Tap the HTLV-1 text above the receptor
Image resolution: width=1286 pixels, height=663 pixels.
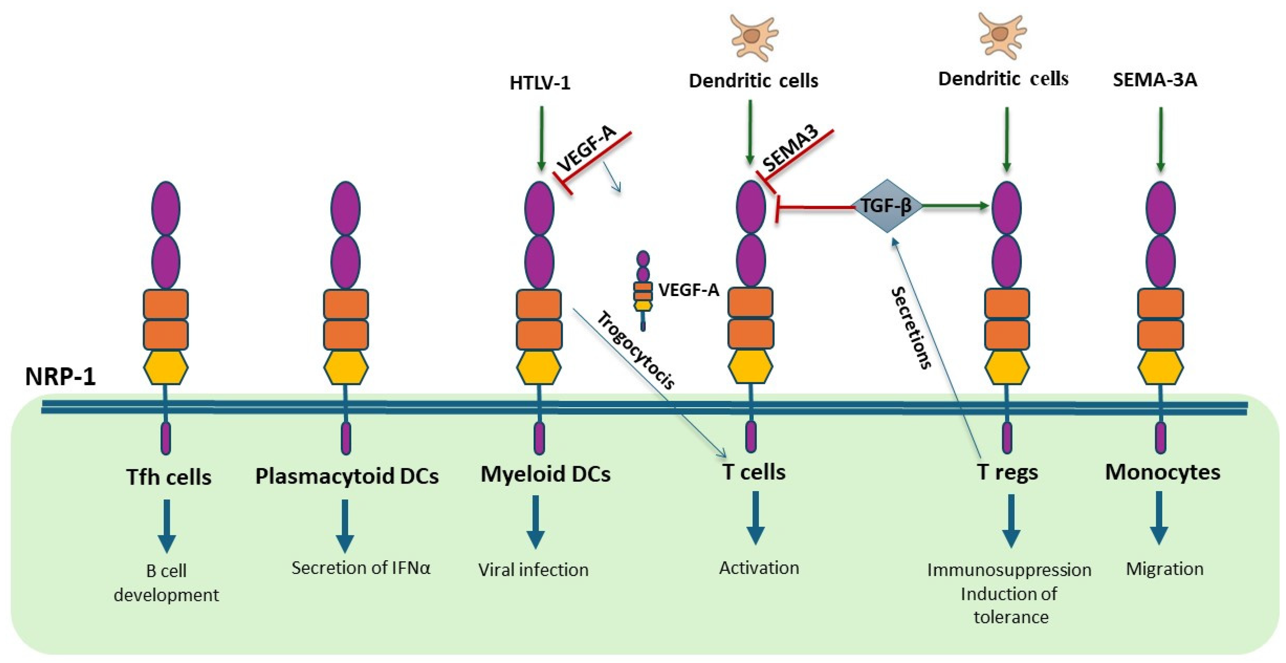[540, 83]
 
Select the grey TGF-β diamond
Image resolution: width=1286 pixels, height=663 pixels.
[887, 206]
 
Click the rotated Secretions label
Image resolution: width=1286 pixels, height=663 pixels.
[912, 328]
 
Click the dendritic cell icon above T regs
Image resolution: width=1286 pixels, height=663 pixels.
[1002, 35]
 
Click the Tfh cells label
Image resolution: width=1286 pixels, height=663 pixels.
[169, 477]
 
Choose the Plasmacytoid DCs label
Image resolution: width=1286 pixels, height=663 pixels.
[347, 476]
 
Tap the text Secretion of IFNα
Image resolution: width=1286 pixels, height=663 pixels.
[360, 568]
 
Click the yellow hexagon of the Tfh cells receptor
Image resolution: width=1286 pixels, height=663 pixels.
[166, 368]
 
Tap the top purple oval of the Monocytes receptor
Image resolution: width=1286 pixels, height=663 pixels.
[1160, 207]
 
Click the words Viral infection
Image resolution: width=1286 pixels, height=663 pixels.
[533, 570]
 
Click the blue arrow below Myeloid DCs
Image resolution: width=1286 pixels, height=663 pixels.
[536, 522]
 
